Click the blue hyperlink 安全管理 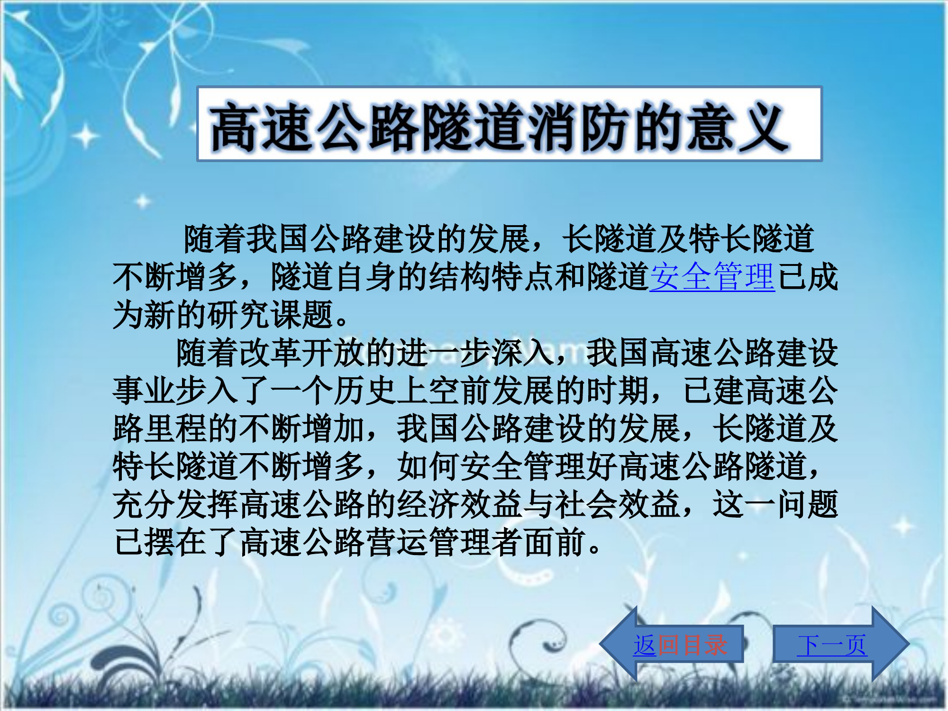tap(712, 277)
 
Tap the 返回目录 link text tap(680, 645)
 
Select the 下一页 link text tap(832, 645)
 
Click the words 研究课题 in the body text tap(270, 315)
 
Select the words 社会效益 tap(618, 504)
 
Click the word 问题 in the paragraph tap(807, 504)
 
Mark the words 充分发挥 tap(175, 504)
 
